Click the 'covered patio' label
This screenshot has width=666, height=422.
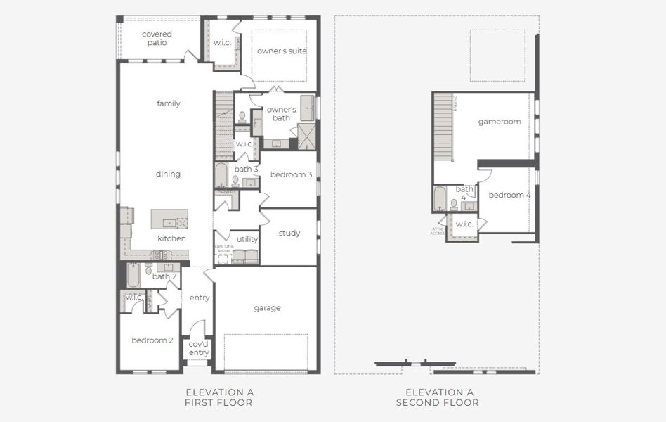[157, 38]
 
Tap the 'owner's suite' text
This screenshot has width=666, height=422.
[282, 51]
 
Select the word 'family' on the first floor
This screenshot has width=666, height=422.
[169, 103]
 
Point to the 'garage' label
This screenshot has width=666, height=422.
[267, 308]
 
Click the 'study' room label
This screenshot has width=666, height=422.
[289, 234]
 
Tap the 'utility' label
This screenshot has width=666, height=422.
[247, 239]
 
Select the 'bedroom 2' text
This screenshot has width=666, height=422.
[152, 340]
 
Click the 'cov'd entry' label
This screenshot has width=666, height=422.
[198, 348]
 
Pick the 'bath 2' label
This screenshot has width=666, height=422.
[164, 276]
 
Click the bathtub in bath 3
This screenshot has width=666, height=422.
[221, 175]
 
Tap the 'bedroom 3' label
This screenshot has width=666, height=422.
[291, 174]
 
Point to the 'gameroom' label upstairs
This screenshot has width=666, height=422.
[499, 122]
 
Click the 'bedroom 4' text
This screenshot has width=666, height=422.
[510, 195]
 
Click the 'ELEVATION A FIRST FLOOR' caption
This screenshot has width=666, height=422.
[218, 397]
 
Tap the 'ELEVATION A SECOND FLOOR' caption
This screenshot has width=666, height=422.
[438, 397]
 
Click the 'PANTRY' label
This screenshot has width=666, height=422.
[226, 191]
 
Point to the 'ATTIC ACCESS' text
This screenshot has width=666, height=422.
[438, 230]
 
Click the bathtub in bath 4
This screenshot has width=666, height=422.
[440, 198]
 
